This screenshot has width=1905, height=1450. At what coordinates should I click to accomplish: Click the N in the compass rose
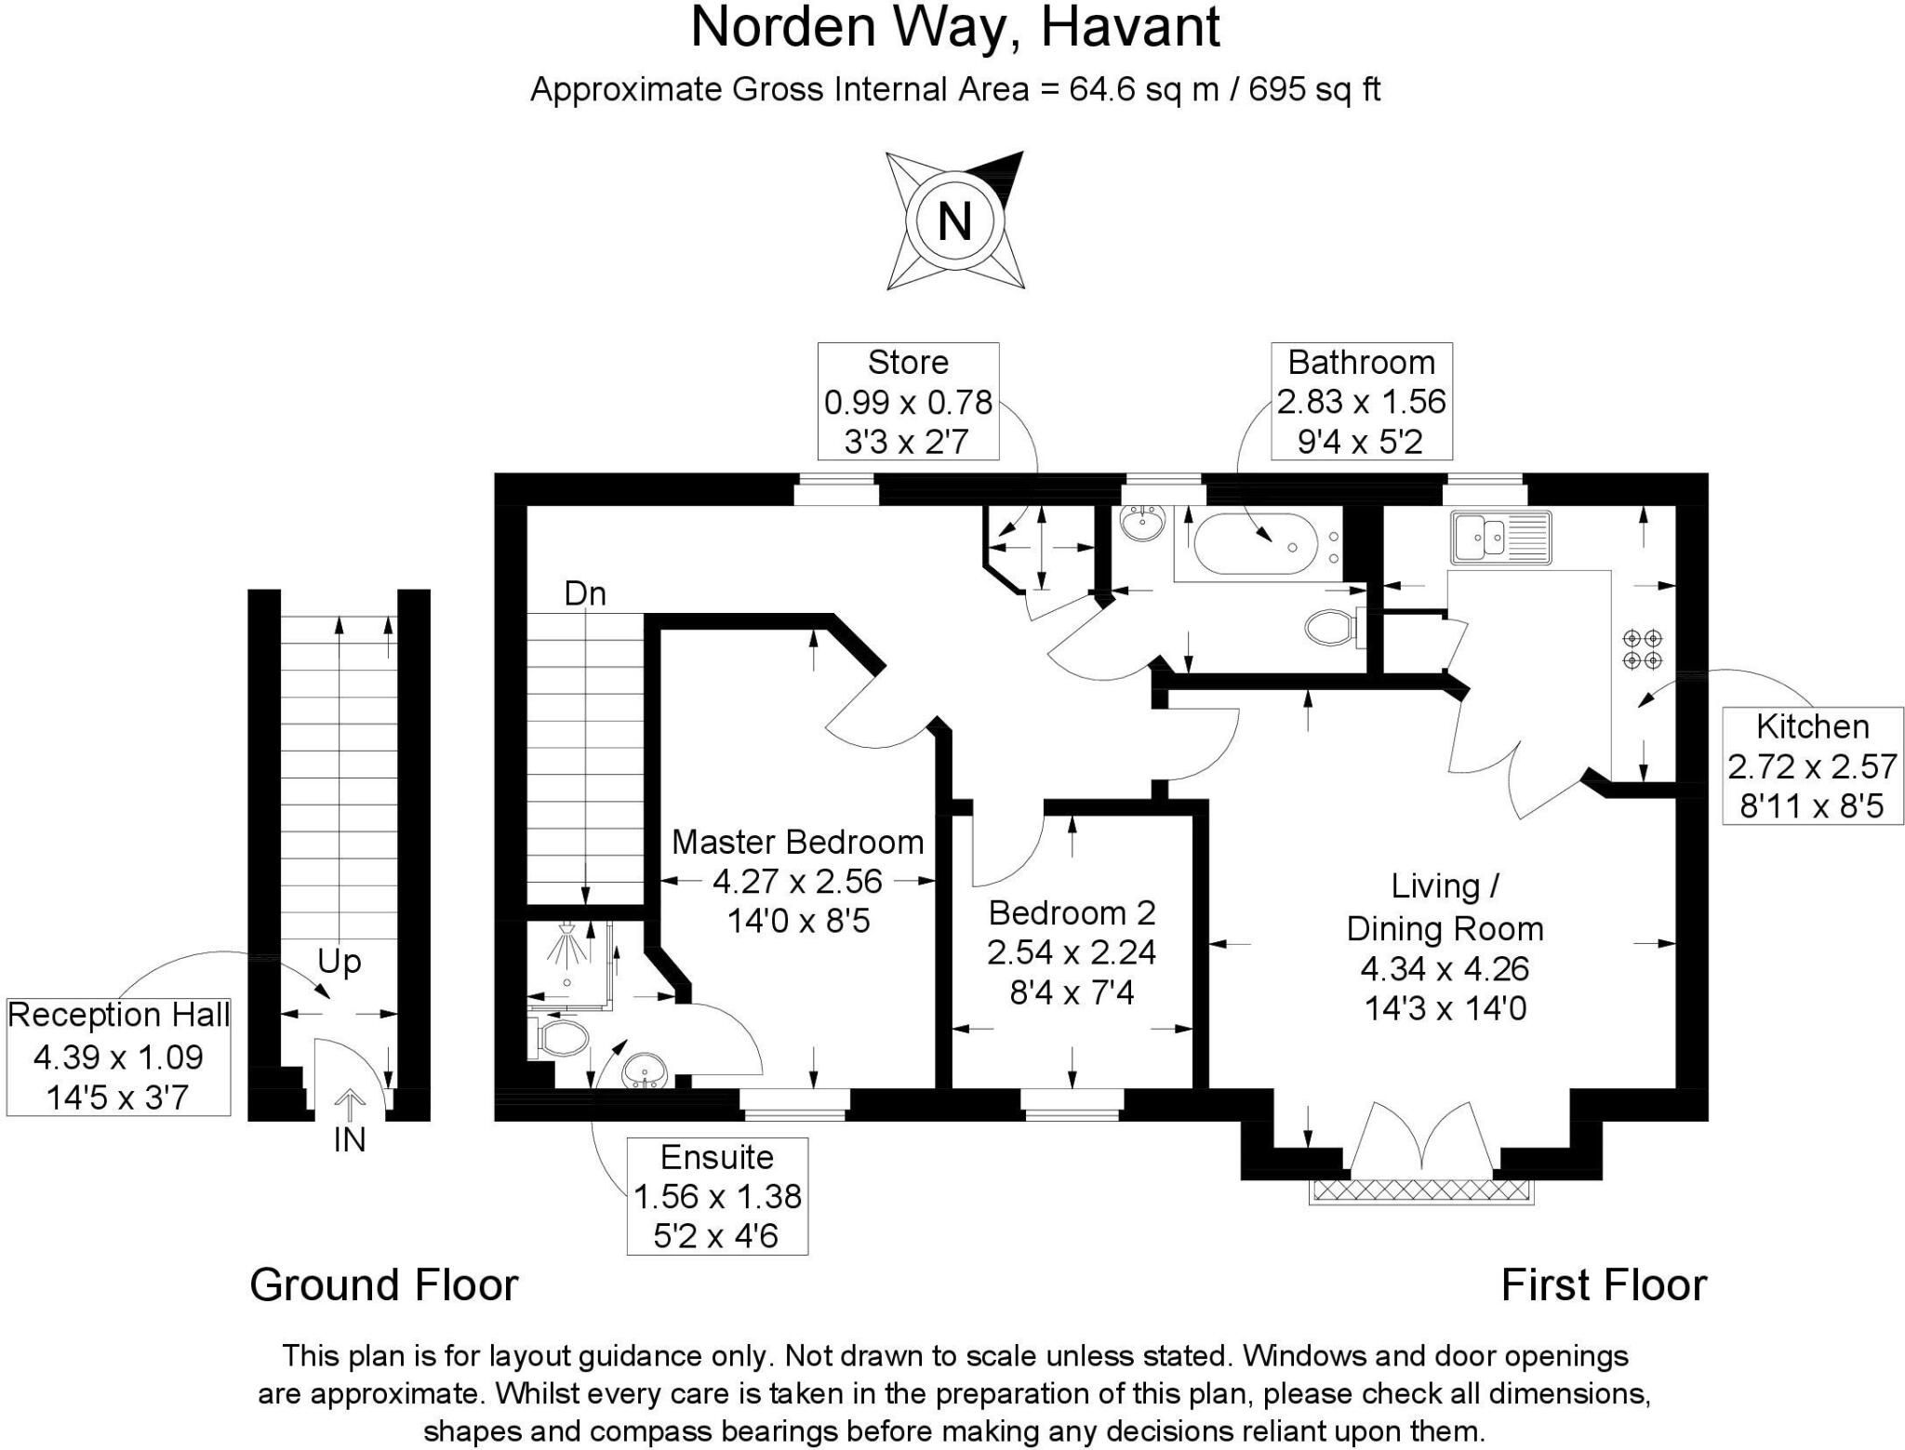[954, 221]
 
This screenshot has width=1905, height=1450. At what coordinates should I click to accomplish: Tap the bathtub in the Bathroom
[1255, 545]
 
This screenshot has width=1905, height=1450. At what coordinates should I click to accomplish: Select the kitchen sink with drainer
[1499, 538]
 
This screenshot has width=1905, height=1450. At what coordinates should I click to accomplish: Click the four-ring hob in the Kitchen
[1642, 649]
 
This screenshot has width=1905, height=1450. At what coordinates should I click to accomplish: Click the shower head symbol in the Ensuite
[569, 947]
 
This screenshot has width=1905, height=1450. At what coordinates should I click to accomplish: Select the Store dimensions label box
[908, 401]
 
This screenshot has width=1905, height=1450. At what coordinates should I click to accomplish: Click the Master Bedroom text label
[797, 842]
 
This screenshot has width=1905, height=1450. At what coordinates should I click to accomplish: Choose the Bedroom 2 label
[1072, 912]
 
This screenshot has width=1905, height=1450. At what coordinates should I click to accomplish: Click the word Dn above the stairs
[585, 593]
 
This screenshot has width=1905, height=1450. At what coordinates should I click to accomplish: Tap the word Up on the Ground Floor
[339, 961]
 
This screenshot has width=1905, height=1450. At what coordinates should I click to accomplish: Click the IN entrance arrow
[349, 1107]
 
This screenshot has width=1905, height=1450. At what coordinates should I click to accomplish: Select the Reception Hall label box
[118, 1056]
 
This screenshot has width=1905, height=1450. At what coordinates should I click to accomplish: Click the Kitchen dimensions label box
[1812, 765]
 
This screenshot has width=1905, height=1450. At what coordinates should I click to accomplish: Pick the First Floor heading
[1604, 1284]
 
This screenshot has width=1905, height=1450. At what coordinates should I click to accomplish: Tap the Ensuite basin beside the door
[645, 1071]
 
